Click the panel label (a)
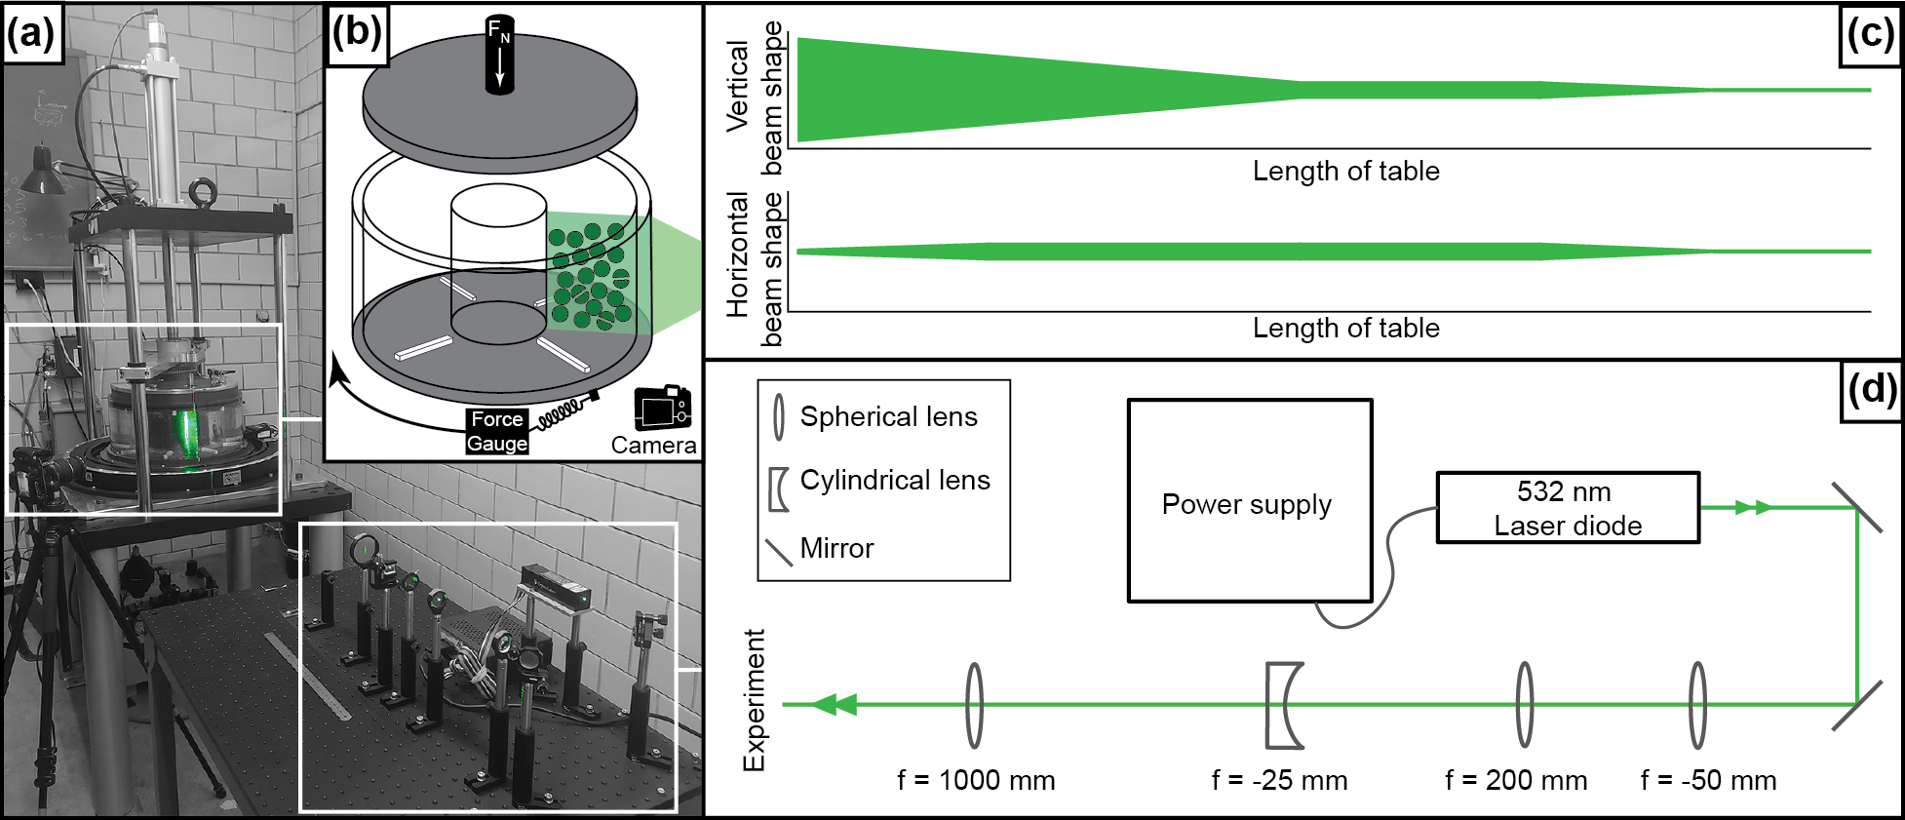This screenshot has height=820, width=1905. click(30, 34)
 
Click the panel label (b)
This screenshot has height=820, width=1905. click(357, 32)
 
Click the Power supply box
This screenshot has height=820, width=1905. click(1249, 500)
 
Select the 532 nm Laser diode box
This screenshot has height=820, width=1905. click(1568, 508)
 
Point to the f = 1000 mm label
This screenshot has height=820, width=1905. click(976, 780)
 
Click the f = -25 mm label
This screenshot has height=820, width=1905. click(1279, 780)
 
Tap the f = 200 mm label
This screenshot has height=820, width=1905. click(1516, 780)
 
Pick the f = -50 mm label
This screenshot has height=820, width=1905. click(1708, 780)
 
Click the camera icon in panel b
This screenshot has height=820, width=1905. click(662, 408)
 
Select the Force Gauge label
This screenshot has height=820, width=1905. click(497, 431)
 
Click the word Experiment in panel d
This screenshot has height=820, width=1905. click(755, 700)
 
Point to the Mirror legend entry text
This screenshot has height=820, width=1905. click(836, 548)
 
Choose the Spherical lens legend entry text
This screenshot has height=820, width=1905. click(888, 416)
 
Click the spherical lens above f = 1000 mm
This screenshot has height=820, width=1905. click(974, 705)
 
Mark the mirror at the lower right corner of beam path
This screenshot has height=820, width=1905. click(1856, 705)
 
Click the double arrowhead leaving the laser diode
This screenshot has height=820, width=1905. click(1752, 507)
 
